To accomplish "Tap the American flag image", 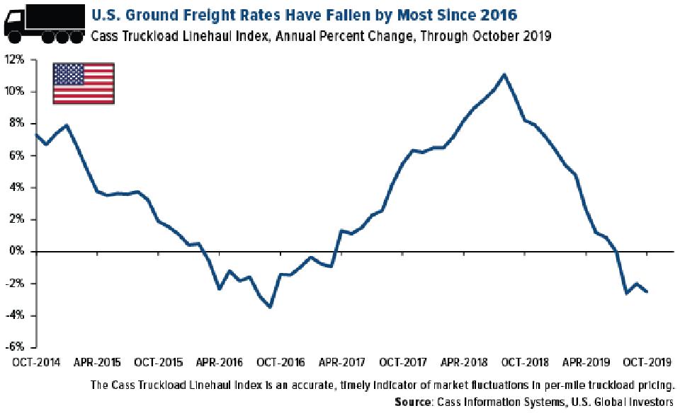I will point(84,83).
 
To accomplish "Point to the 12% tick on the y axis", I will point(15,60).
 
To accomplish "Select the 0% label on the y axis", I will point(17,252).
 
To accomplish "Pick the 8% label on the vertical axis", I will point(17,124).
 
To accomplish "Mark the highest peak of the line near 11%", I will point(503,74).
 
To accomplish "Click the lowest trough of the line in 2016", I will point(270,307).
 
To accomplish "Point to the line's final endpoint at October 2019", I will point(646,291).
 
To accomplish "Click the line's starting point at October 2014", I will point(35,134).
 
